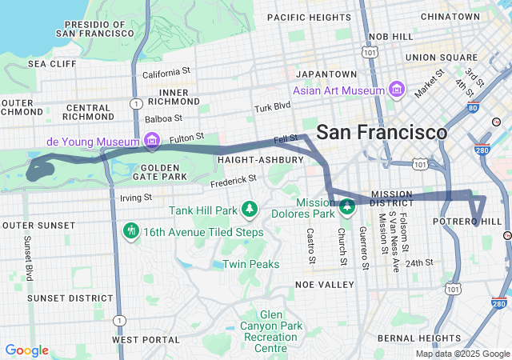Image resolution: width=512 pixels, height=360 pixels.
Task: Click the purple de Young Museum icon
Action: [x=152, y=142]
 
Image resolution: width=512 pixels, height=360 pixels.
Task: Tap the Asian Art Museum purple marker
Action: [x=395, y=90]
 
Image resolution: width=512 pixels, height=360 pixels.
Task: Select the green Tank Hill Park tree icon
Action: [x=250, y=210]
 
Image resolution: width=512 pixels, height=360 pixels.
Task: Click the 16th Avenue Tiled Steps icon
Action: [x=131, y=232]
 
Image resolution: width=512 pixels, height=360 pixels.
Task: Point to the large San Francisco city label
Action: [x=382, y=132]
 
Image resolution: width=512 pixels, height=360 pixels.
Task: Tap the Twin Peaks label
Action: [x=250, y=264]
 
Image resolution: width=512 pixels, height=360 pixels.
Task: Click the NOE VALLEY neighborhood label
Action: [x=324, y=284]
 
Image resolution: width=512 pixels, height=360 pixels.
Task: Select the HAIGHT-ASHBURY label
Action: [x=260, y=159]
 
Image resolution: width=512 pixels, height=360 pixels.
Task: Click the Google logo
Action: [x=26, y=350]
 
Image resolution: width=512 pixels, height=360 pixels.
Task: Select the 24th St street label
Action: [x=418, y=262]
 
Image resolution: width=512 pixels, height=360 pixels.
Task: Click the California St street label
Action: [x=166, y=73]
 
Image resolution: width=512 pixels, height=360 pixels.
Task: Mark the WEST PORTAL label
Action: [x=146, y=339]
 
